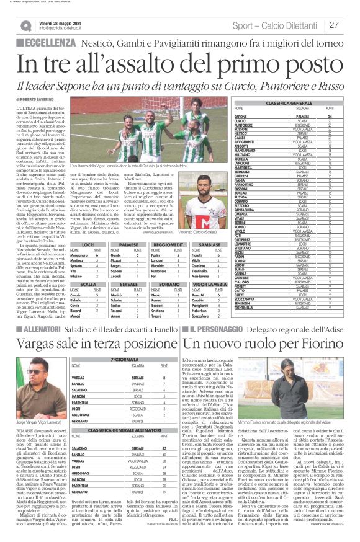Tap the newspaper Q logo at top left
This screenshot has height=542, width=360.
[x=25, y=25]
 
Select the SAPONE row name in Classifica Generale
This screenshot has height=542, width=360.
[x=241, y=116]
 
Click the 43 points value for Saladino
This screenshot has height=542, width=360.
[x=163, y=448]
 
